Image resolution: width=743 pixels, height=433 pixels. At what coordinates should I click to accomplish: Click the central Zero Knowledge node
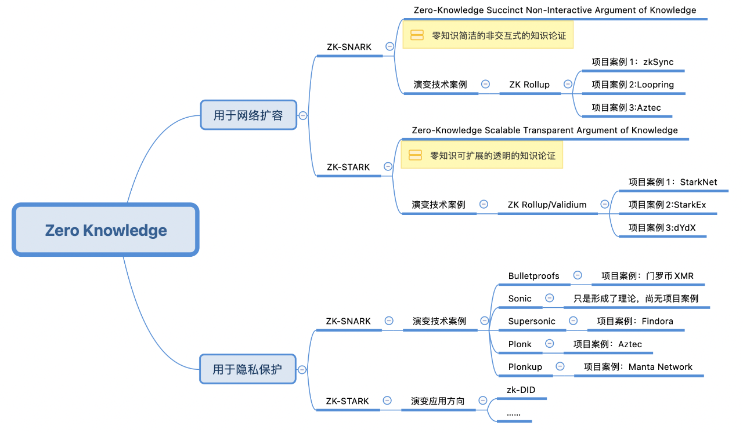click(106, 230)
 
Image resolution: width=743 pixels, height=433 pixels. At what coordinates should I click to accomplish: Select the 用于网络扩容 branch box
click(248, 115)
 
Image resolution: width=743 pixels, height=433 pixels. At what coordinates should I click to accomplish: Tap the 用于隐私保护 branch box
click(247, 369)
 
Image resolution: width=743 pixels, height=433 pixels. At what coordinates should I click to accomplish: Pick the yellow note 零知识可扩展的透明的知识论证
click(482, 155)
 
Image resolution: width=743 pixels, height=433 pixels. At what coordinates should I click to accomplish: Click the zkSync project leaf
click(632, 62)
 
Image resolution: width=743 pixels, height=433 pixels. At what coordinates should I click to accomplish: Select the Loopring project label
click(632, 85)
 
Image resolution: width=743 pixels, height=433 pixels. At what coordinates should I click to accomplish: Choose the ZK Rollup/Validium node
click(547, 205)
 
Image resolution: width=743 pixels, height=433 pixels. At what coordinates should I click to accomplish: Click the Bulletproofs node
click(533, 276)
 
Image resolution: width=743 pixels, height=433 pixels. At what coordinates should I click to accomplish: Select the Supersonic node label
click(532, 321)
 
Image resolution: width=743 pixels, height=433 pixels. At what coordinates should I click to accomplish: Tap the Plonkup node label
click(525, 367)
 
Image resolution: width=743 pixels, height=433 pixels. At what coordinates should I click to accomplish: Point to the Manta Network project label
click(638, 367)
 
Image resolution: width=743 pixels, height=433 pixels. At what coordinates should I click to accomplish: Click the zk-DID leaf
click(521, 390)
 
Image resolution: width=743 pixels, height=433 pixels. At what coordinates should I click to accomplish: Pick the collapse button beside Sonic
click(549, 298)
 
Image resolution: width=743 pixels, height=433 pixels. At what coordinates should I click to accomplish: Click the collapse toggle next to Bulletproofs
click(578, 275)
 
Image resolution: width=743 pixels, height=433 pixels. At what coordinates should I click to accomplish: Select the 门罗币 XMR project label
click(647, 276)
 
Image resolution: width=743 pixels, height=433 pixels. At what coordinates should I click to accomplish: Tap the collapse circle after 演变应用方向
click(482, 401)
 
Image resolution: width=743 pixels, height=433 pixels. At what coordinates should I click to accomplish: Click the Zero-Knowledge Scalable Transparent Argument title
click(544, 130)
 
